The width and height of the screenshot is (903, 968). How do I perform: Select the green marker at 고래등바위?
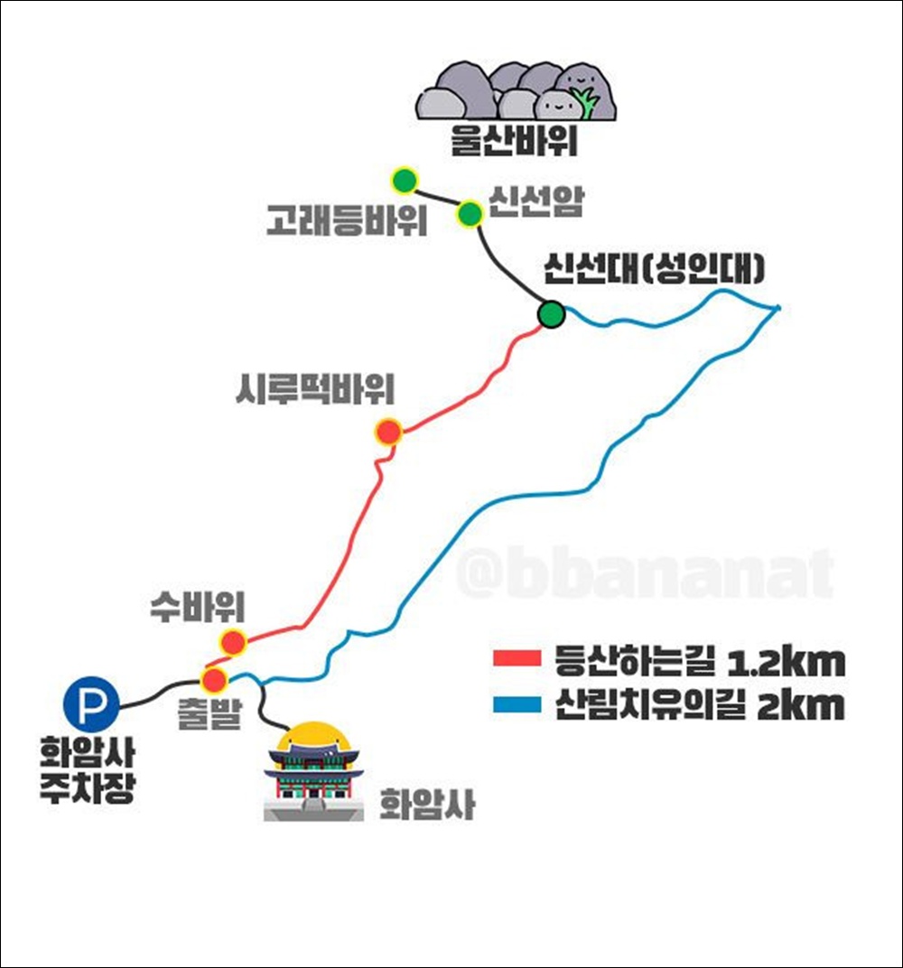coord(404,181)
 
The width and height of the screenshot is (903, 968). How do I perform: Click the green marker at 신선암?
coord(470,214)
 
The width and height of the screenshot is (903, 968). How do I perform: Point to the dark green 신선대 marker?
coord(551,314)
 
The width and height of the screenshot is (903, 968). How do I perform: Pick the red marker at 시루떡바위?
coord(388,432)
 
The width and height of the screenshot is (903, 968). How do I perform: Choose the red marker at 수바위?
coord(234,642)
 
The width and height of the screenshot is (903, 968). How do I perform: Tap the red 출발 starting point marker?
coord(214,679)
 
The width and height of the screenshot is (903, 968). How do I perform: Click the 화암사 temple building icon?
coord(313,772)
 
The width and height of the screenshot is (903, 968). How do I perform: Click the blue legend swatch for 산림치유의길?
coord(516,704)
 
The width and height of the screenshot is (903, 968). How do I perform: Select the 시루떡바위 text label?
coord(312,391)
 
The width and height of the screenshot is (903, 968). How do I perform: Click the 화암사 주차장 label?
coord(87,768)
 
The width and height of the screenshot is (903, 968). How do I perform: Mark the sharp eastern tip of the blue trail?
coord(778,308)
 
